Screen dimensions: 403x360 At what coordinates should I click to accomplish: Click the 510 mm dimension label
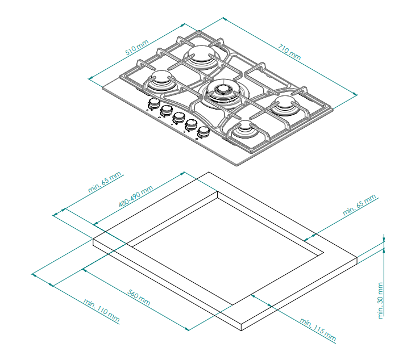click(x=137, y=48)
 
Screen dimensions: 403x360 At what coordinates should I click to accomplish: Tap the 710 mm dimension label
click(x=289, y=52)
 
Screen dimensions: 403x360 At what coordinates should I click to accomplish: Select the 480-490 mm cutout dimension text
click(x=136, y=196)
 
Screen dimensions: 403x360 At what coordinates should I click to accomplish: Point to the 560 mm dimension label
click(x=139, y=298)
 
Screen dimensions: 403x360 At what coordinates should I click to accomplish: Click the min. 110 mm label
click(x=102, y=310)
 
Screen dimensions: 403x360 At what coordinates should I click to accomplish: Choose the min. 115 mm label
click(x=318, y=330)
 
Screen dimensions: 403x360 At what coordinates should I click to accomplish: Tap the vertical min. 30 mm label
click(x=381, y=300)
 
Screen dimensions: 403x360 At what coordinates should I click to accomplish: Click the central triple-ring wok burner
click(x=223, y=93)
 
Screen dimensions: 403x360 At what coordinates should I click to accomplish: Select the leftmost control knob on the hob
click(x=153, y=104)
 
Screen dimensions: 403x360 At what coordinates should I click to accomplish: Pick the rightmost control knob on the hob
click(x=203, y=132)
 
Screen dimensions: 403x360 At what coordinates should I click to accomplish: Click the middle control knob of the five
click(x=178, y=118)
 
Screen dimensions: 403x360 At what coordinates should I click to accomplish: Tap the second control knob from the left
click(x=166, y=111)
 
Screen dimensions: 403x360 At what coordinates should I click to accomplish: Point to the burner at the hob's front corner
click(x=243, y=129)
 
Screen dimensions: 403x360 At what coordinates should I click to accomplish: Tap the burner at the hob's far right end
click(x=285, y=105)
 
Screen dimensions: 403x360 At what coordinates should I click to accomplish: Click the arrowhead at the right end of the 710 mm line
click(x=355, y=94)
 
